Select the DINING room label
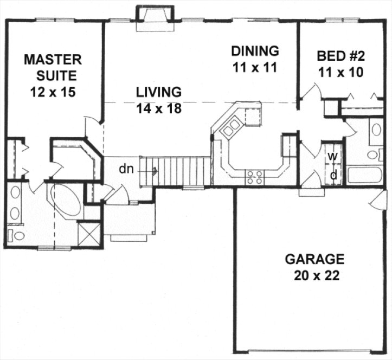pyautogui.click(x=255, y=51)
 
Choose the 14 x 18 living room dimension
pyautogui.click(x=158, y=108)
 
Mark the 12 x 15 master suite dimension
pyautogui.click(x=52, y=91)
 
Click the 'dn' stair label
pyautogui.click(x=126, y=169)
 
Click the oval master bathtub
pyautogui.click(x=65, y=199)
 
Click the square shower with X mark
pyautogui.click(x=89, y=234)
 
